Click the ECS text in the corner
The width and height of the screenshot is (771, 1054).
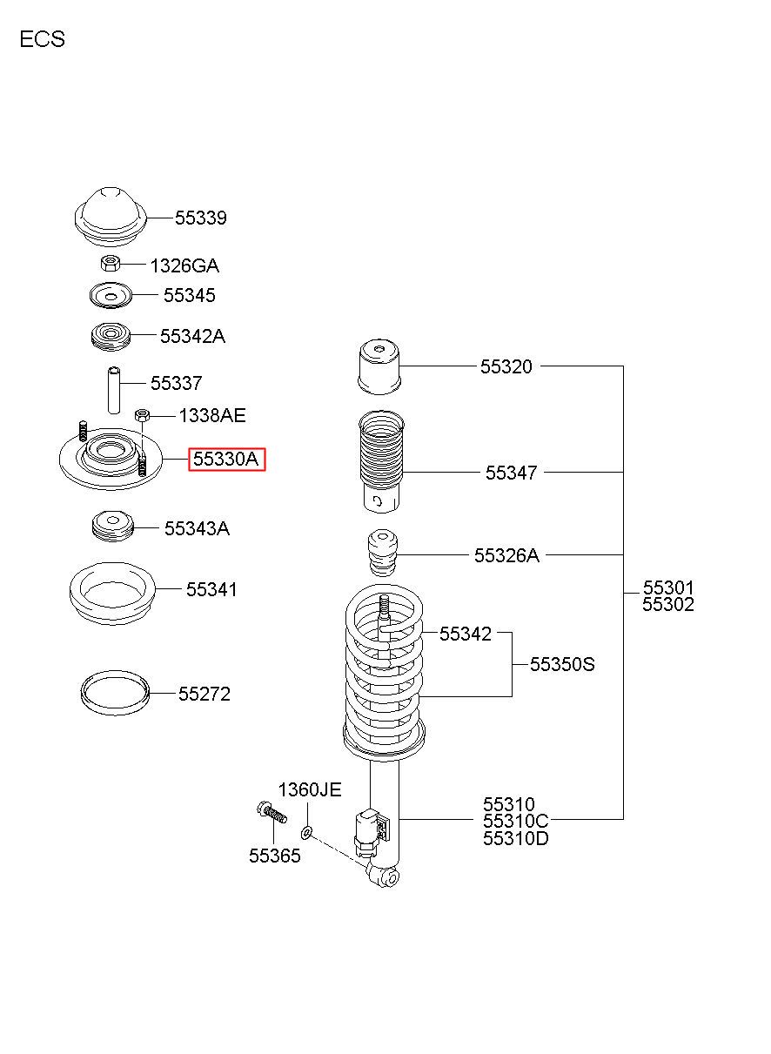(43, 39)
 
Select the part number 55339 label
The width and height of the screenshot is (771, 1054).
(201, 218)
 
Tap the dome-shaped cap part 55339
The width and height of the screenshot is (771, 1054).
(111, 217)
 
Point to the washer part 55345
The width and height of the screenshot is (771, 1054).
(111, 296)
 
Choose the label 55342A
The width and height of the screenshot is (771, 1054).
(193, 337)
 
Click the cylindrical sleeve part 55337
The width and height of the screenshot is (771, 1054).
(114, 390)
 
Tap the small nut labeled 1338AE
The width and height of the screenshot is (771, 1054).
(142, 415)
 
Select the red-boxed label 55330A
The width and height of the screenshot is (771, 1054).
(227, 460)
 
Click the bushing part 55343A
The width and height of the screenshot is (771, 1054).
(112, 526)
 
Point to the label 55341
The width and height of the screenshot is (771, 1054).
(211, 589)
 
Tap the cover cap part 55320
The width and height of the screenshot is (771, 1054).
(379, 366)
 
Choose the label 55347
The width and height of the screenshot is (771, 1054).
(511, 473)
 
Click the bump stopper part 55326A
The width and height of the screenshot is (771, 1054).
(381, 554)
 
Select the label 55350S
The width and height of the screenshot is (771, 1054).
(562, 664)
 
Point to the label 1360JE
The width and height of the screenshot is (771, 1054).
(310, 789)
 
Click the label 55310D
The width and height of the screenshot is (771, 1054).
(515, 838)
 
